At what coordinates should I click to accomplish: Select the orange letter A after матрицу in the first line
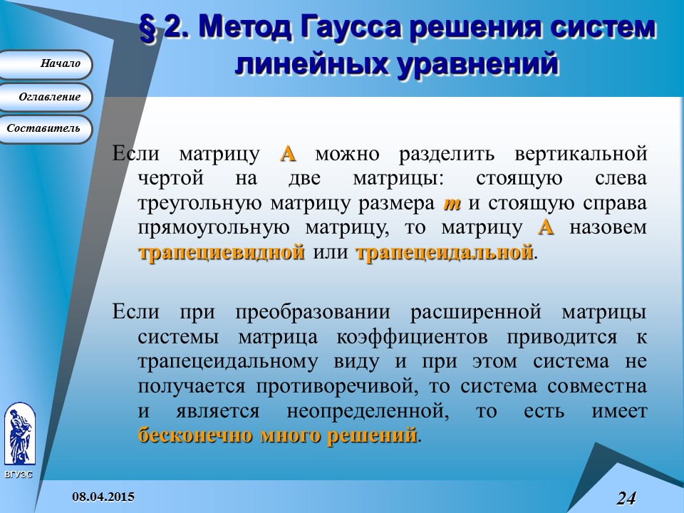point(287,154)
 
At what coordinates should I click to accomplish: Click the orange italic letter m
point(452,203)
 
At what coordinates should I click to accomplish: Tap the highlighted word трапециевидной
point(221,252)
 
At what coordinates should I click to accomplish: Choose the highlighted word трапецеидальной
point(444,252)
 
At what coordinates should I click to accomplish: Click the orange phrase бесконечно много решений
point(277,435)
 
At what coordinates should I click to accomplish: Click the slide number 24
point(626,498)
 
